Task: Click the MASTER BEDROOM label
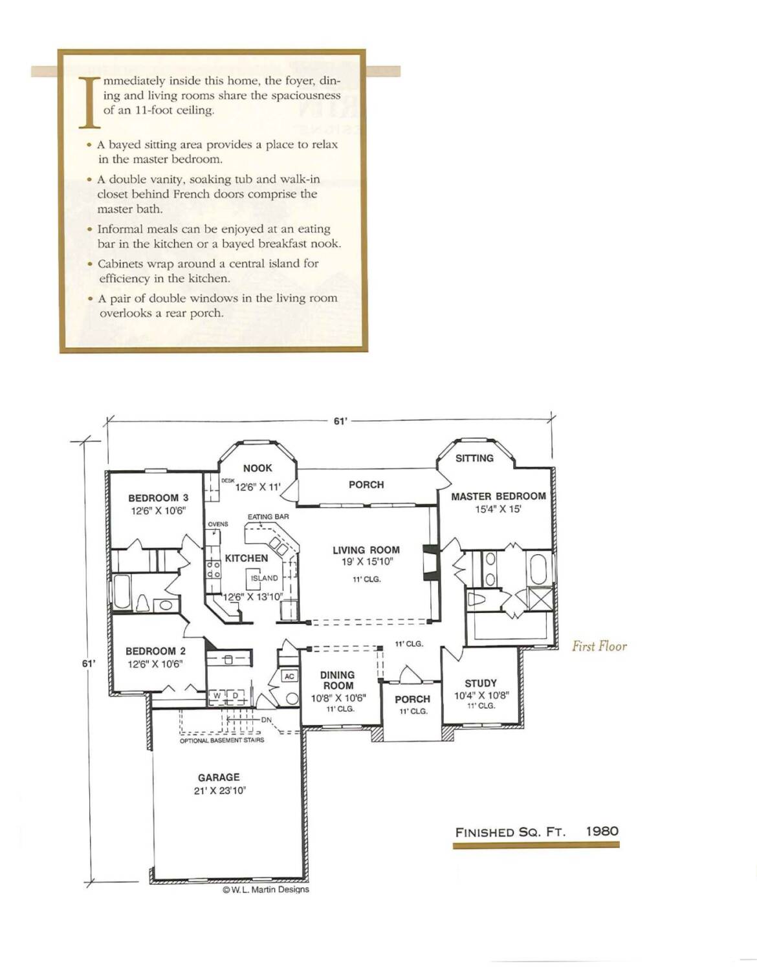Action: (x=498, y=496)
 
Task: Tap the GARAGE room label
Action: (x=219, y=777)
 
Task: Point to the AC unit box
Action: (x=289, y=676)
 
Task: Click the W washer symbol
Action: (x=217, y=696)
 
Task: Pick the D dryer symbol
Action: (x=235, y=696)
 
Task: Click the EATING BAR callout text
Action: (x=268, y=517)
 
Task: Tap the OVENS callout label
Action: (x=218, y=524)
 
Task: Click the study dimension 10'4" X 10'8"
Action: (x=481, y=695)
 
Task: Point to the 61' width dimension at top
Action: (x=340, y=421)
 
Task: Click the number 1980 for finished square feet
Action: (x=602, y=831)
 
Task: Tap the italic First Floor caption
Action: (x=599, y=647)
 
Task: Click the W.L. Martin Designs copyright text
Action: (x=266, y=889)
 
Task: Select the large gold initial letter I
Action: (x=90, y=102)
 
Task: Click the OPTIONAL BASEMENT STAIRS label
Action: (x=222, y=740)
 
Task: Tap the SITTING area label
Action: (x=474, y=458)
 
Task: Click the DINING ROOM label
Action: (x=338, y=680)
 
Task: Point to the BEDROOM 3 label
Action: (x=158, y=498)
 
